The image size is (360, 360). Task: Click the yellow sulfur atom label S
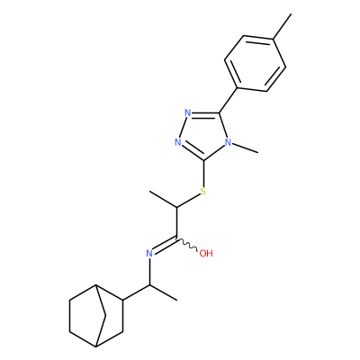coord(203,191)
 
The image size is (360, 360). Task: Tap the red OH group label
coord(206,254)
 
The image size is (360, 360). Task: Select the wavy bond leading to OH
coord(187,244)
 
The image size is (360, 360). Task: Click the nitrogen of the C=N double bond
coord(149,254)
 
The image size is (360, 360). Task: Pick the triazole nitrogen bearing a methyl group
coord(229,142)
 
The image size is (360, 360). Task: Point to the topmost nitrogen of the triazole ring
coord(188,113)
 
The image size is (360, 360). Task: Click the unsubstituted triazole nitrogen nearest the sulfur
coord(178,142)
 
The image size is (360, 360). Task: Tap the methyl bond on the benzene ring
coord(282,26)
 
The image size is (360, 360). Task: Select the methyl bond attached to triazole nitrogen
coord(245,148)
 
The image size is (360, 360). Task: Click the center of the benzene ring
coord(255,64)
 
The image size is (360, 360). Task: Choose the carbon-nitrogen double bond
coord(165,245)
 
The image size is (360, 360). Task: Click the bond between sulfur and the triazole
coord(203,174)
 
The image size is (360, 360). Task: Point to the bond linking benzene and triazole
coord(229,101)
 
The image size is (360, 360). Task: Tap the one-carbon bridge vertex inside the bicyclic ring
coord(105,315)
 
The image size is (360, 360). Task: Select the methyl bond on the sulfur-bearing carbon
coord(163,199)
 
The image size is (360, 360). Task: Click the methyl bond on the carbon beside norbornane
coord(163,292)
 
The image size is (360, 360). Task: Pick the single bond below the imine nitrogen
coord(149,271)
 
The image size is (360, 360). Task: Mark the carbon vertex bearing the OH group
coord(177,238)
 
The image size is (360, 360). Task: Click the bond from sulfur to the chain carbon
coord(189,201)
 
